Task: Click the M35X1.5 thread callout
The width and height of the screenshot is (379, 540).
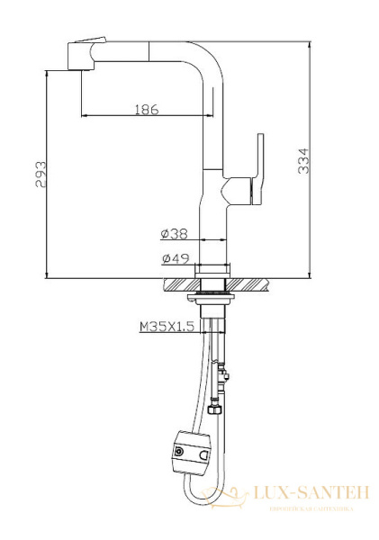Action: click(x=167, y=328)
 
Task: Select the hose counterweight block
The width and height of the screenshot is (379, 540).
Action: click(x=189, y=452)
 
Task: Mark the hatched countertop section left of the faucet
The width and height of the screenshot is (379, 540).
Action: click(x=180, y=283)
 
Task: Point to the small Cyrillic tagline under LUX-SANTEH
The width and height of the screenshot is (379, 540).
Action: click(x=311, y=508)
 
